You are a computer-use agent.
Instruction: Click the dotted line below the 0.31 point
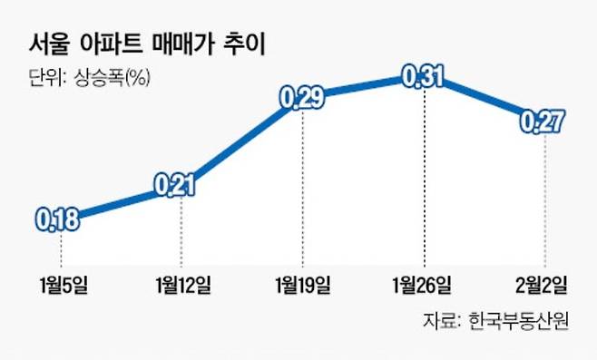point(423,181)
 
